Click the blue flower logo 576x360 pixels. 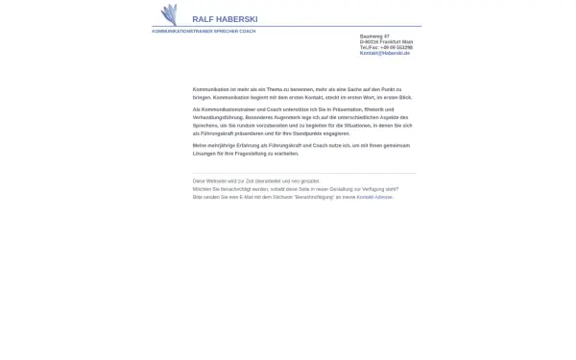[169, 14]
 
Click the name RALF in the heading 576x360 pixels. [203, 19]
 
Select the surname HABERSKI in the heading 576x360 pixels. [237, 19]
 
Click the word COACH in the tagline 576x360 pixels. [248, 32]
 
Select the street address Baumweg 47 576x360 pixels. [374, 36]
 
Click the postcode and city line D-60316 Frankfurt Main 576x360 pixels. [386, 42]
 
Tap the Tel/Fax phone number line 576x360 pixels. [386, 47]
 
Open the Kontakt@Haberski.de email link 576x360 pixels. [384, 53]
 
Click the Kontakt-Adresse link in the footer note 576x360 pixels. [374, 197]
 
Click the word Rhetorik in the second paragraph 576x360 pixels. [379, 109]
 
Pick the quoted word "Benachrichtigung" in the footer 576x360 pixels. [313, 197]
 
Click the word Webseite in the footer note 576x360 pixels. [215, 181]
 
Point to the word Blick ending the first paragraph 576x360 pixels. [405, 97]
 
